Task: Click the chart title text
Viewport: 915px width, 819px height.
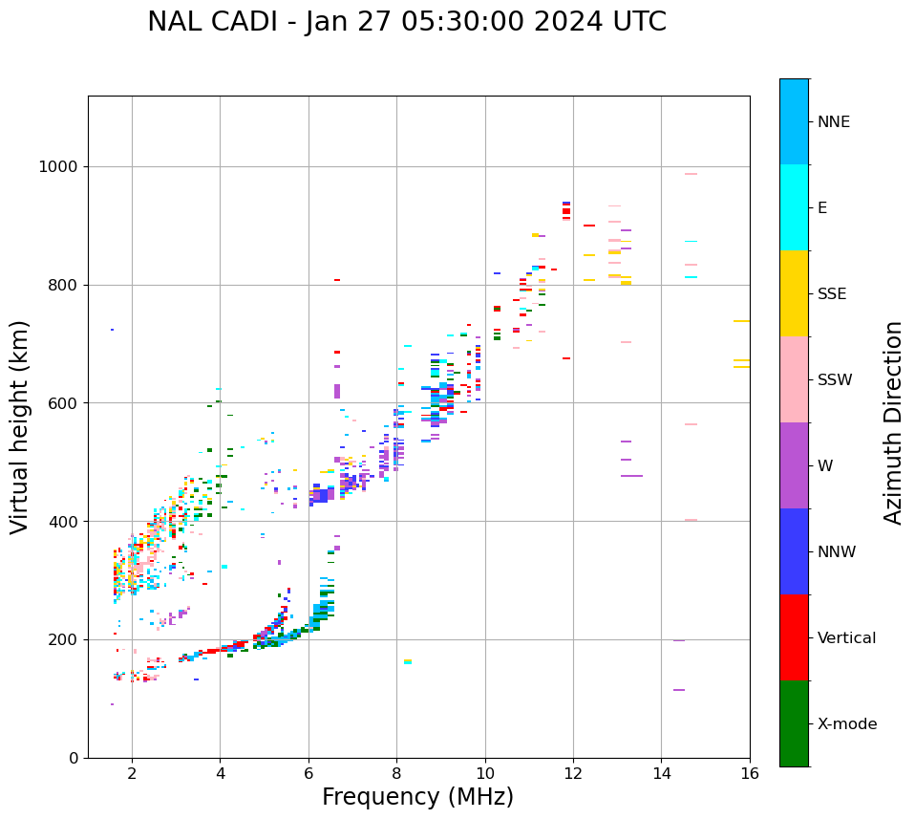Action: pos(407,22)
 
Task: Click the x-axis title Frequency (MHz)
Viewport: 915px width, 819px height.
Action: pos(417,797)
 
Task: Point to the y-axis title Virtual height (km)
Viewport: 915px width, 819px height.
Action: pos(20,427)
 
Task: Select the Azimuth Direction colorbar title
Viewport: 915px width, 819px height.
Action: pos(893,422)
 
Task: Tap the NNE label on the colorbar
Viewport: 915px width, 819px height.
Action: pos(833,122)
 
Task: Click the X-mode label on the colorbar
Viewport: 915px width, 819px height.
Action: pos(846,724)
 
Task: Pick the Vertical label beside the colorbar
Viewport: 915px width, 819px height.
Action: pos(846,638)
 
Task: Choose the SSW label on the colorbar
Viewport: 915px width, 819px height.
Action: pos(835,380)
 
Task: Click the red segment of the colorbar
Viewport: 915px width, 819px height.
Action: pos(794,637)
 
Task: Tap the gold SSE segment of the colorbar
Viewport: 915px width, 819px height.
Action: pos(794,293)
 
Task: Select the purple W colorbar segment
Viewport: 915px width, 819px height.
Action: pos(794,465)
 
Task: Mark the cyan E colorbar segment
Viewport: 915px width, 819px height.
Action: pos(794,207)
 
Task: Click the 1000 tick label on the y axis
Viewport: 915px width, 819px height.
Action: pos(57,167)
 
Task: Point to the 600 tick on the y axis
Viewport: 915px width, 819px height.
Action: pos(63,403)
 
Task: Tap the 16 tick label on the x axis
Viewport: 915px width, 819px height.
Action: pos(750,773)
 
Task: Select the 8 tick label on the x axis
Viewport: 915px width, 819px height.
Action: pos(396,773)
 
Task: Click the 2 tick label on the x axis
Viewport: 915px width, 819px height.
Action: pos(132,773)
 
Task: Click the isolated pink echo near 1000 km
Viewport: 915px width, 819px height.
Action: pos(691,174)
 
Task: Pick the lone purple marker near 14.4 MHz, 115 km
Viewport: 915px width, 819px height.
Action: pos(679,690)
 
